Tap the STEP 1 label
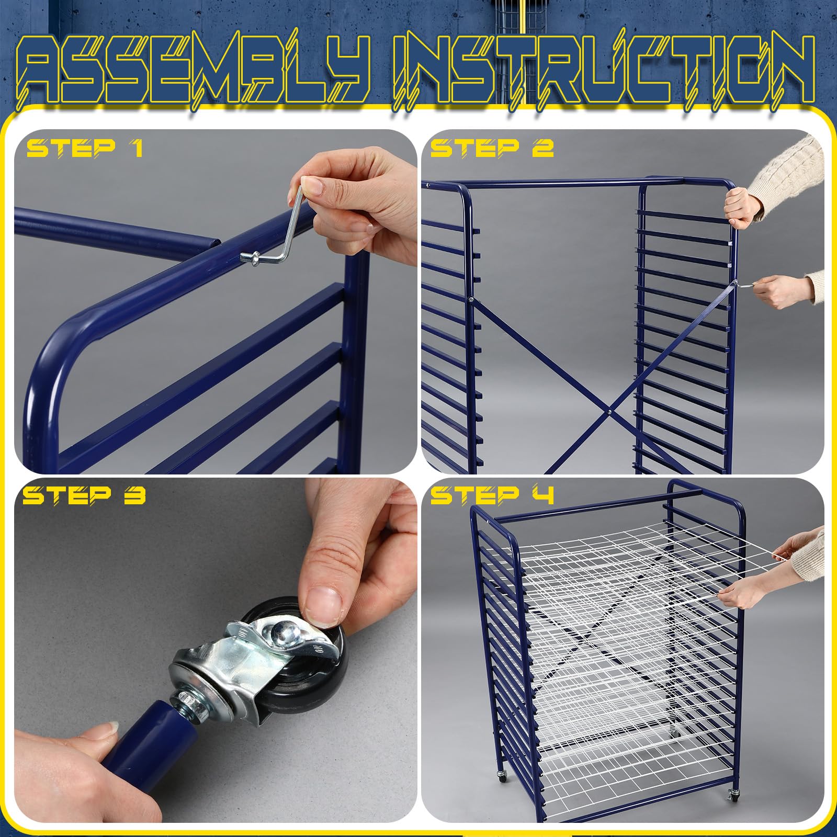85,148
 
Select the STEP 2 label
492,148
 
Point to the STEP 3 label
84,495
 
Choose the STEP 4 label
492,495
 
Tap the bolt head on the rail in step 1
246,257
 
